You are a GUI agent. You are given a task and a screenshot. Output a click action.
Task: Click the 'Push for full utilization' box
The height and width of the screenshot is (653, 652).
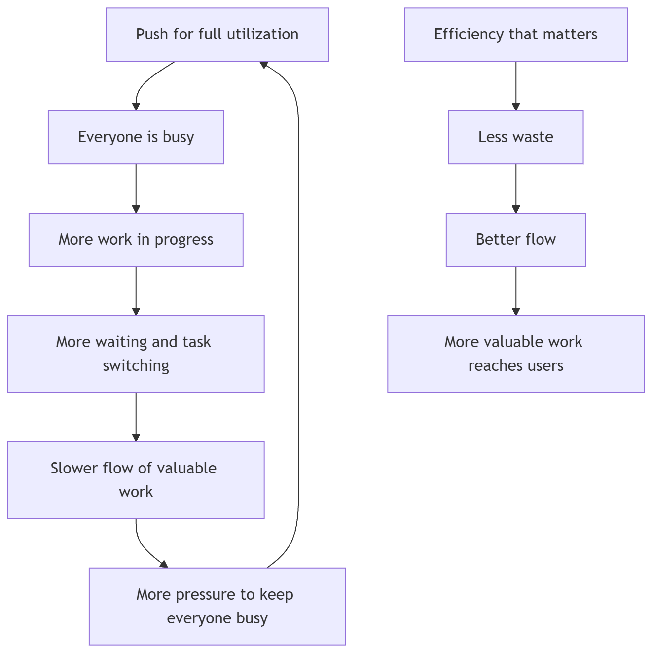point(217,35)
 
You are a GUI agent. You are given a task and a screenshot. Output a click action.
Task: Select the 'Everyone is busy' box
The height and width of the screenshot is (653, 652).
point(136,137)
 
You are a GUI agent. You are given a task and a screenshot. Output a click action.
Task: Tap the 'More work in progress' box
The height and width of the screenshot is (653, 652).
point(136,240)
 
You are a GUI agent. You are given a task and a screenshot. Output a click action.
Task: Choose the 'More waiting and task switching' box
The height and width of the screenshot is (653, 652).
point(136,354)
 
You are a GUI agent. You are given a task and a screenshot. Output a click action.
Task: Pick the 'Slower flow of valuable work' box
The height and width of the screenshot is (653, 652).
point(136,480)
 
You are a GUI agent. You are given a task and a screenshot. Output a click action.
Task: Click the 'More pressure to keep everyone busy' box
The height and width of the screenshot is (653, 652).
point(217,607)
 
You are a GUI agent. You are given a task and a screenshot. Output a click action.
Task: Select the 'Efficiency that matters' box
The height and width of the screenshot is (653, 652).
point(516,35)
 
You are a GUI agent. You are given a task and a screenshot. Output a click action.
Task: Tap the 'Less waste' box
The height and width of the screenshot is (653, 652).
point(516,137)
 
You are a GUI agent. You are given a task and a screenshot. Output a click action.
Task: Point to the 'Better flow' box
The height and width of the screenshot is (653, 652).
point(516,240)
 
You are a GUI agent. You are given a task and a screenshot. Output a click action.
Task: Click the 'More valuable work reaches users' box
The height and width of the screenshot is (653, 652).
point(516,354)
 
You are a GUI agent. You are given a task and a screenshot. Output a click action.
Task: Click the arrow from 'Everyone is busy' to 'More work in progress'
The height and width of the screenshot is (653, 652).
point(136,188)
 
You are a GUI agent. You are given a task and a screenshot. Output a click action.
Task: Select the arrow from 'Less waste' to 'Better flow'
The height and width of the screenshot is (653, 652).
point(516,188)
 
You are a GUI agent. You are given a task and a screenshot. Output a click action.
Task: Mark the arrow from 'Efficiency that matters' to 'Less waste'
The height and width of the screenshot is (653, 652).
point(516,86)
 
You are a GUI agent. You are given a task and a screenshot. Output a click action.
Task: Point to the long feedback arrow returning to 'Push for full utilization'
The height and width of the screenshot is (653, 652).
point(298,315)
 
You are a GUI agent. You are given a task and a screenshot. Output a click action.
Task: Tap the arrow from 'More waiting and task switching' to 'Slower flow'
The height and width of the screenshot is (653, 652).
point(136,417)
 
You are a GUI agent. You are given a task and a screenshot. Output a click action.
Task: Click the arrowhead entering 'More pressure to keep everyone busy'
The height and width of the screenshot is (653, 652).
point(164,564)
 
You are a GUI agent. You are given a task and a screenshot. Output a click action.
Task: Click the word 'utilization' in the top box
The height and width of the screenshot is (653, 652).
point(263,34)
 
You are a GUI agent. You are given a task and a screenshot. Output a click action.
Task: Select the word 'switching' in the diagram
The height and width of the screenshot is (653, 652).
point(136,366)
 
